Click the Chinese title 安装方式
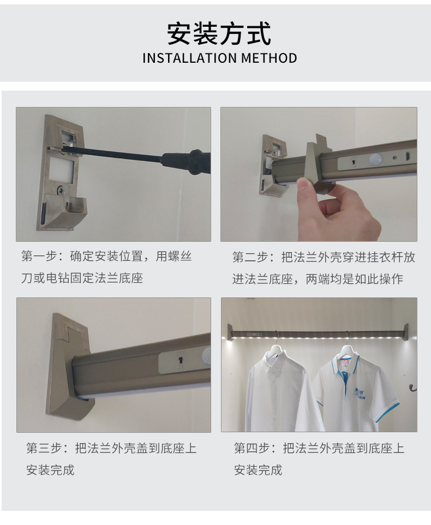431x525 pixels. tap(219, 34)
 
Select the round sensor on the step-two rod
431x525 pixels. tap(375, 159)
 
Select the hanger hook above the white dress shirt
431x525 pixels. tap(277, 338)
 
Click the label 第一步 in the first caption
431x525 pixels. tap(37, 256)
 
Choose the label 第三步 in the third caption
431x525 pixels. tap(43, 449)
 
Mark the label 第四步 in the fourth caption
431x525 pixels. tap(250, 449)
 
